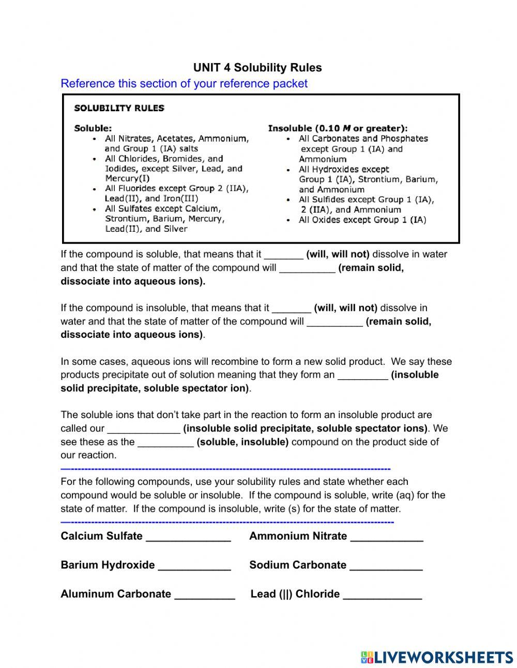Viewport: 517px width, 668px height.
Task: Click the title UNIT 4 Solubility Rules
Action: coord(257,68)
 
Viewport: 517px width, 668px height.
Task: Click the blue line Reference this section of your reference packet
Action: coord(184,84)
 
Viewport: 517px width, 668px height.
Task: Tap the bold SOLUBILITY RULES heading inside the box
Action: coord(119,108)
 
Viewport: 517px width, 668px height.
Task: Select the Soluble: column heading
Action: coord(93,128)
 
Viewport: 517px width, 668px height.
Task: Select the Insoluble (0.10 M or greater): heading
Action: coord(338,128)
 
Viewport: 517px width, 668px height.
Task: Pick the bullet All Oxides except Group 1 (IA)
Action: coord(362,220)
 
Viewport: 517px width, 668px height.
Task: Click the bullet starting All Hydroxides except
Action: coord(344,169)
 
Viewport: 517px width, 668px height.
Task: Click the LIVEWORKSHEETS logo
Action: coord(437,657)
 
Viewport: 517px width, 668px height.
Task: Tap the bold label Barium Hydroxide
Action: coord(108,565)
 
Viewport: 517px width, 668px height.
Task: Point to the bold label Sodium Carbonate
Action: coord(298,565)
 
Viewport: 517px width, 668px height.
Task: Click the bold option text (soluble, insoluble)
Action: coord(242,442)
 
